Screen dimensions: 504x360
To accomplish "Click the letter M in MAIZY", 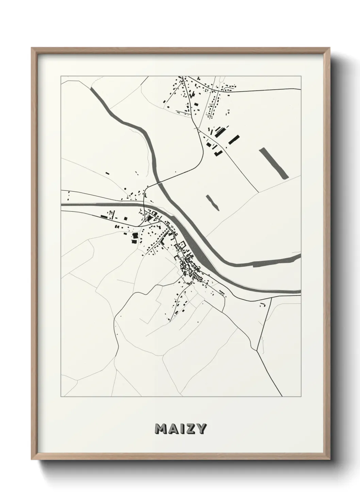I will coord(160,429).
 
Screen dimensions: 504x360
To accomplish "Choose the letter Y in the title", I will coord(200,429).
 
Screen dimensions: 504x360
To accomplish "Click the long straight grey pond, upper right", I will coord(274,163).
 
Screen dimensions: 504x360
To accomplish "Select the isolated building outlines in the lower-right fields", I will coord(262,304).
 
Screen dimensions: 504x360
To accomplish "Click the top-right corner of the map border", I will coord(301,76).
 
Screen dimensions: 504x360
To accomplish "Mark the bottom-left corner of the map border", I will coord(61,397).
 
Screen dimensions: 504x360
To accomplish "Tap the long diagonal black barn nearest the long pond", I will coord(233,139).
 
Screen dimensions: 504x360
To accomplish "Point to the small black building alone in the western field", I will coord(107,173).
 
